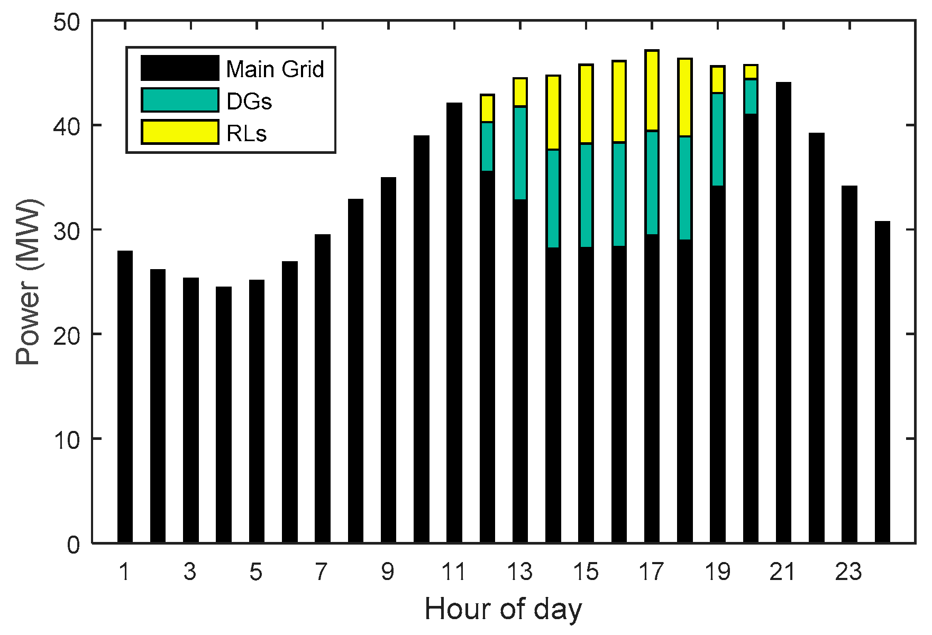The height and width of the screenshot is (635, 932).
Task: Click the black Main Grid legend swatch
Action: pos(180,68)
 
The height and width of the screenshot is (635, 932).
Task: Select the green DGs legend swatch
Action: pos(180,100)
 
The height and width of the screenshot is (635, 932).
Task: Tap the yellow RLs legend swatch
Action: pos(180,132)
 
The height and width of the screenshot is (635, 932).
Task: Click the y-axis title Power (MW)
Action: pos(28,282)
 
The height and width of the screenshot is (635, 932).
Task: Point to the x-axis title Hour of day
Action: pos(502,609)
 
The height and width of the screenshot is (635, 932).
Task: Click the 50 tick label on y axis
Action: pos(67,22)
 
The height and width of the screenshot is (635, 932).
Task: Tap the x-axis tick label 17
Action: pos(651,572)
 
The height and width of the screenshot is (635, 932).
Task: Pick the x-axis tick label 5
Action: pos(256,572)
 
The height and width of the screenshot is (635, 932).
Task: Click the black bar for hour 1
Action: pos(125,397)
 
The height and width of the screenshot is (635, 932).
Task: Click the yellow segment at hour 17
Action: pos(652,90)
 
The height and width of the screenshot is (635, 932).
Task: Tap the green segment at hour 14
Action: pos(553,198)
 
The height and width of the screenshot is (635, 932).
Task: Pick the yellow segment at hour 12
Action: pos(487,109)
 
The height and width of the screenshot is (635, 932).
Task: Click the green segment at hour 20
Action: pos(751,96)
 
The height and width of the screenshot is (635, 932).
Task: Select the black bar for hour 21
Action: pos(783,312)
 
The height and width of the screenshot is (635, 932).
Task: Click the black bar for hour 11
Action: pos(454,323)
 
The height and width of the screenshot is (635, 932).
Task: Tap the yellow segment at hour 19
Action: pos(718,79)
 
